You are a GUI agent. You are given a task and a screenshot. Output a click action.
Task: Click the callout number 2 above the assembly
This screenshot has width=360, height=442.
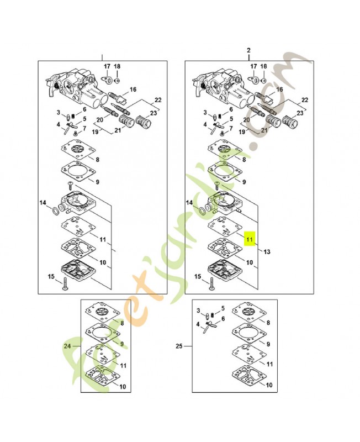click(x=248, y=50)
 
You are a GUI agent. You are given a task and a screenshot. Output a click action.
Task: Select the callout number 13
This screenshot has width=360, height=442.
click(x=267, y=252)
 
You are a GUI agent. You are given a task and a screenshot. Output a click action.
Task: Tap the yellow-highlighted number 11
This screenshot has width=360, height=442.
click(x=250, y=240)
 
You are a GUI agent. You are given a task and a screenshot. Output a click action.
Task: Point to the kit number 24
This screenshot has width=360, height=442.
click(x=67, y=346)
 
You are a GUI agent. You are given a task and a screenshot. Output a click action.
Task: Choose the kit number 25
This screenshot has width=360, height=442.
click(x=179, y=346)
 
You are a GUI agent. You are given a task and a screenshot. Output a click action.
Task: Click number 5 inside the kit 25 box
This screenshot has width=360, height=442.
click(x=223, y=308)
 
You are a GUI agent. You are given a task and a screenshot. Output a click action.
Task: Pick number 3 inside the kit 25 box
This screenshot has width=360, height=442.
click(x=198, y=312)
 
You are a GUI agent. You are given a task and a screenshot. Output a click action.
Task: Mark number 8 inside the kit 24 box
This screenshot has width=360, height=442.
click(x=122, y=322)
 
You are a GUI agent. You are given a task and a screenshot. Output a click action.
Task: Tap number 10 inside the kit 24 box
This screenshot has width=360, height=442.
click(x=121, y=387)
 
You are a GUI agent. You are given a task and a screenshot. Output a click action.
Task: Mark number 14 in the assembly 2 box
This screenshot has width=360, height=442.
click(x=189, y=203)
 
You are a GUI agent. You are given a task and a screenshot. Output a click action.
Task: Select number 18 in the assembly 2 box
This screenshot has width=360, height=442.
click(x=264, y=67)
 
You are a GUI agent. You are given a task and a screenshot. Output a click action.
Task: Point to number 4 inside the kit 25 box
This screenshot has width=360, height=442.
click(x=198, y=325)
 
